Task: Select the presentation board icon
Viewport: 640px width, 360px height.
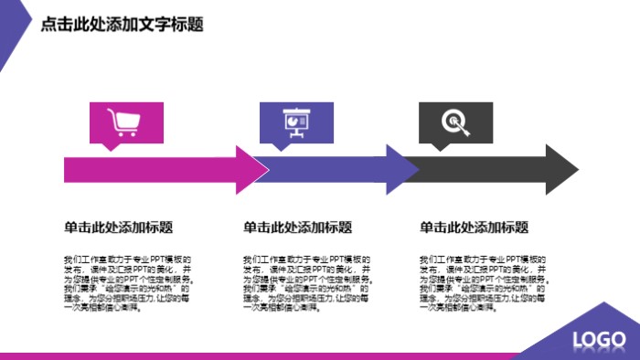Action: click(x=294, y=122)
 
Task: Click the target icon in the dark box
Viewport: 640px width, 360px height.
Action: click(x=454, y=122)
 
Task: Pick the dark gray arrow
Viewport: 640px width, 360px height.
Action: click(x=494, y=170)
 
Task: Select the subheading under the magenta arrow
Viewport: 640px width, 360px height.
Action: click(x=119, y=228)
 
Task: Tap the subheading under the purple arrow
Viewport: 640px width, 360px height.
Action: click(x=297, y=228)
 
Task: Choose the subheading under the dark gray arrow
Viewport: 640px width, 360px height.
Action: click(x=474, y=228)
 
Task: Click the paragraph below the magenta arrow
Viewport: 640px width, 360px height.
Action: click(x=127, y=283)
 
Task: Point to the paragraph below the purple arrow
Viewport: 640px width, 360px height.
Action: click(x=306, y=283)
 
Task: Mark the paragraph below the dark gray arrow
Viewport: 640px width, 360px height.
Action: click(x=483, y=283)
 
